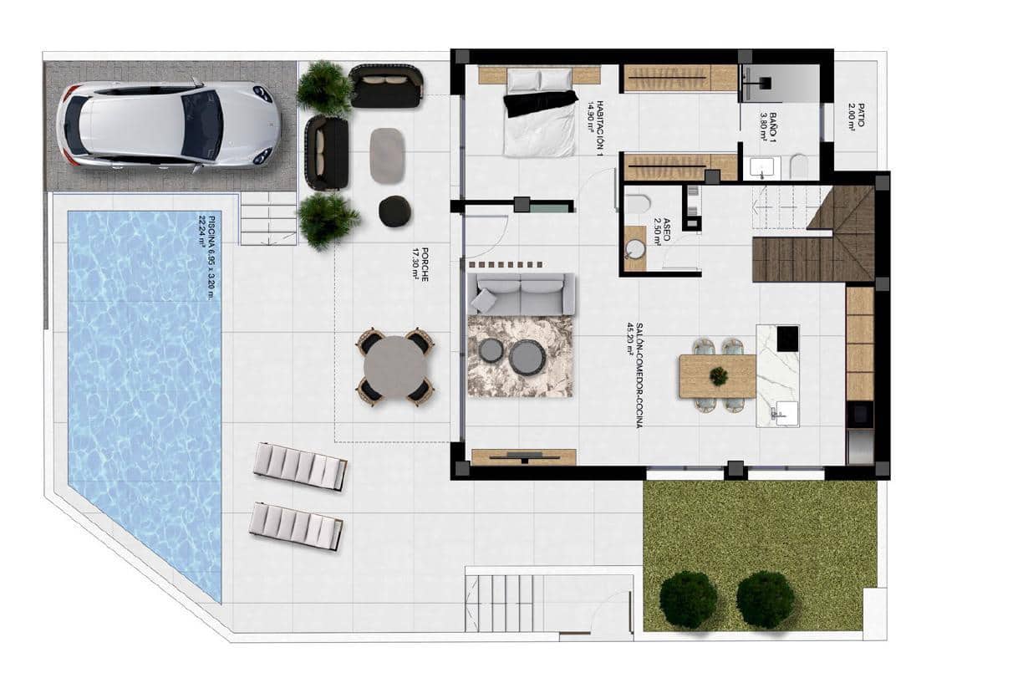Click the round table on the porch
(395, 367)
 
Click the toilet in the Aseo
(639, 203)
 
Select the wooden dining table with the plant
(717, 376)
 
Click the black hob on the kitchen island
(787, 339)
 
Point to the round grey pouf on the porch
(394, 211)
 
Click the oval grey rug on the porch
(387, 156)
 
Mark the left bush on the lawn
(688, 599)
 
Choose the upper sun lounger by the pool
(300, 466)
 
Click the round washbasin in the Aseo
(635, 248)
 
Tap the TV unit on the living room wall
(523, 456)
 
